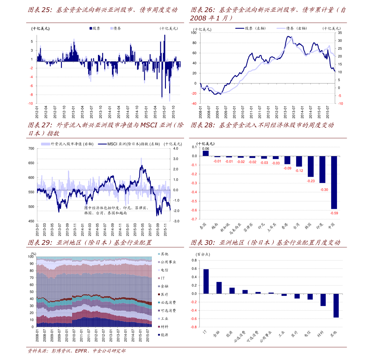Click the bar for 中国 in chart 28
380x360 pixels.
click(x=334, y=182)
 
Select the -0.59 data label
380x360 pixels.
click(x=334, y=213)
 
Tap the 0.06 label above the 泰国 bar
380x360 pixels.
click(x=206, y=149)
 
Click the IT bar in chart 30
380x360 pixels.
click(x=206, y=281)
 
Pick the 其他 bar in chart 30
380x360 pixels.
click(x=336, y=305)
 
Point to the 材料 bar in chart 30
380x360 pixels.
click(x=323, y=300)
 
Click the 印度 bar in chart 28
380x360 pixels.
click(x=322, y=169)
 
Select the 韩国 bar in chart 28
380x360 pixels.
click(x=311, y=166)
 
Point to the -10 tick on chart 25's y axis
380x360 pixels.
click(x=31, y=104)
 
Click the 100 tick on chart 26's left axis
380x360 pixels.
click(x=194, y=33)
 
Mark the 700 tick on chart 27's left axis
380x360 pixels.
click(x=31, y=149)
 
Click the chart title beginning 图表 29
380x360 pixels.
click(x=90, y=243)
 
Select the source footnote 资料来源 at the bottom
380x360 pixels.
click(x=77, y=351)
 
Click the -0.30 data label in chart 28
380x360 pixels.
click(x=324, y=190)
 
